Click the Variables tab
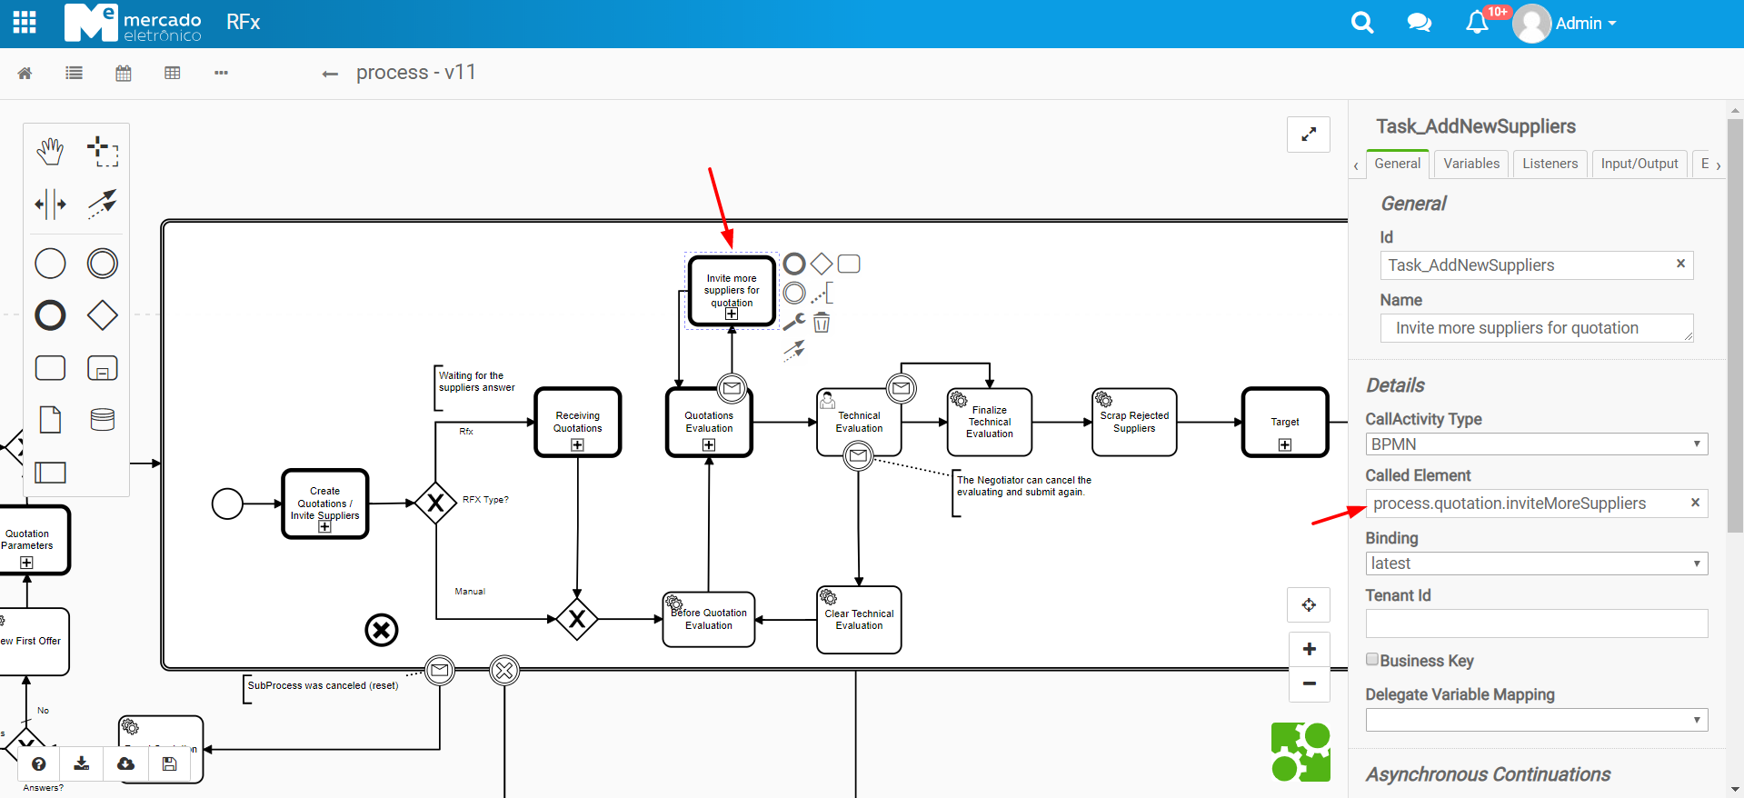point(1470,164)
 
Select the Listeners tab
point(1550,164)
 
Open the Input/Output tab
point(1639,164)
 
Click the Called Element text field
point(1527,504)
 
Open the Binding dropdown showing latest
point(1536,564)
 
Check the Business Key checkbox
point(1372,660)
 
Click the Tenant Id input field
point(1536,623)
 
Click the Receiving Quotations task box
point(578,422)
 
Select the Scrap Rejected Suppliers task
point(1134,422)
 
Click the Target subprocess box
point(1285,422)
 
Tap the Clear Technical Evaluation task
point(859,620)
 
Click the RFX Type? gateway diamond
point(435,503)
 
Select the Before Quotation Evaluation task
point(709,620)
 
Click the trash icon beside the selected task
point(822,323)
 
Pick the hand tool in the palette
point(51,151)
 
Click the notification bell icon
point(1477,23)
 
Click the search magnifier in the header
point(1361,23)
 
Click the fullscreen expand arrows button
point(1309,135)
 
